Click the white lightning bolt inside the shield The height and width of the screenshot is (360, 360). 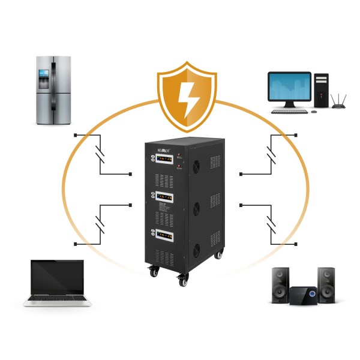(x=186, y=100)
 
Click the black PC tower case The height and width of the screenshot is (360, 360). (x=322, y=91)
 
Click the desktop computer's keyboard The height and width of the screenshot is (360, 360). (x=289, y=111)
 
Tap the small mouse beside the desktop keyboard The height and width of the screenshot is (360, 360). (x=312, y=111)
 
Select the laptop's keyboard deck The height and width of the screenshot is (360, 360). (x=58, y=299)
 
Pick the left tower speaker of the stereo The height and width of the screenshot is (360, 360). (x=280, y=284)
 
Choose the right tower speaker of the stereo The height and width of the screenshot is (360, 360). (x=326, y=284)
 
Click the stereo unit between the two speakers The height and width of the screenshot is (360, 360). (x=303, y=295)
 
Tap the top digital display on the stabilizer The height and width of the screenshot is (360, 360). (x=166, y=160)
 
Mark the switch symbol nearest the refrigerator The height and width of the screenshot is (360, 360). (x=101, y=154)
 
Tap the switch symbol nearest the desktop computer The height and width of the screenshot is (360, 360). (x=271, y=154)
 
